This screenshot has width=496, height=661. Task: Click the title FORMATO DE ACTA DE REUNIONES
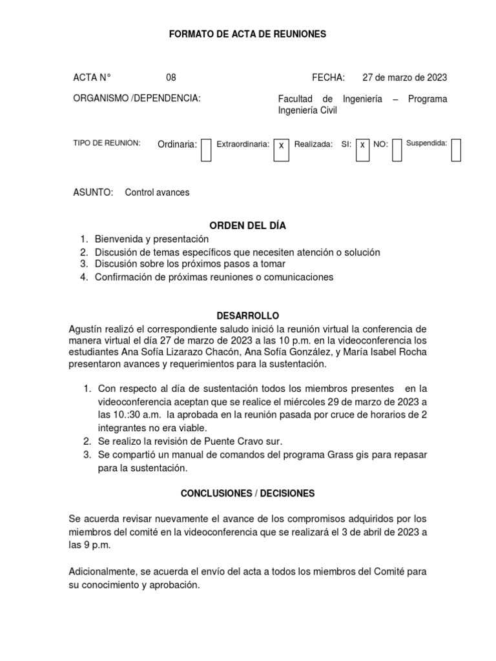(248, 34)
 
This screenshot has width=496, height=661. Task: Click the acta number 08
(171, 77)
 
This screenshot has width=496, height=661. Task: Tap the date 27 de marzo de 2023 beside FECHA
(404, 77)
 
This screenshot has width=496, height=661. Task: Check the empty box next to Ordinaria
(206, 150)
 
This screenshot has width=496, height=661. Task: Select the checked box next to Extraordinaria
(281, 150)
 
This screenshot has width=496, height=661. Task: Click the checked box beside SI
(362, 150)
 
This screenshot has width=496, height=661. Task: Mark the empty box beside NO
(397, 150)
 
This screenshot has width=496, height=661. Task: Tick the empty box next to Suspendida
(456, 150)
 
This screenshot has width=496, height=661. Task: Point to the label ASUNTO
(93, 192)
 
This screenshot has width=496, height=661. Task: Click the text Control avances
(157, 192)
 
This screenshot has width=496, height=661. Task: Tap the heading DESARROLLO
(248, 316)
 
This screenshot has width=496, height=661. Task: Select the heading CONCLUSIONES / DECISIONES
(248, 493)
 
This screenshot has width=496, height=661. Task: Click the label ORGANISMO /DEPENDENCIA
(137, 98)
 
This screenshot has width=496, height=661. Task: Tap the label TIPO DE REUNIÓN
(107, 143)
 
